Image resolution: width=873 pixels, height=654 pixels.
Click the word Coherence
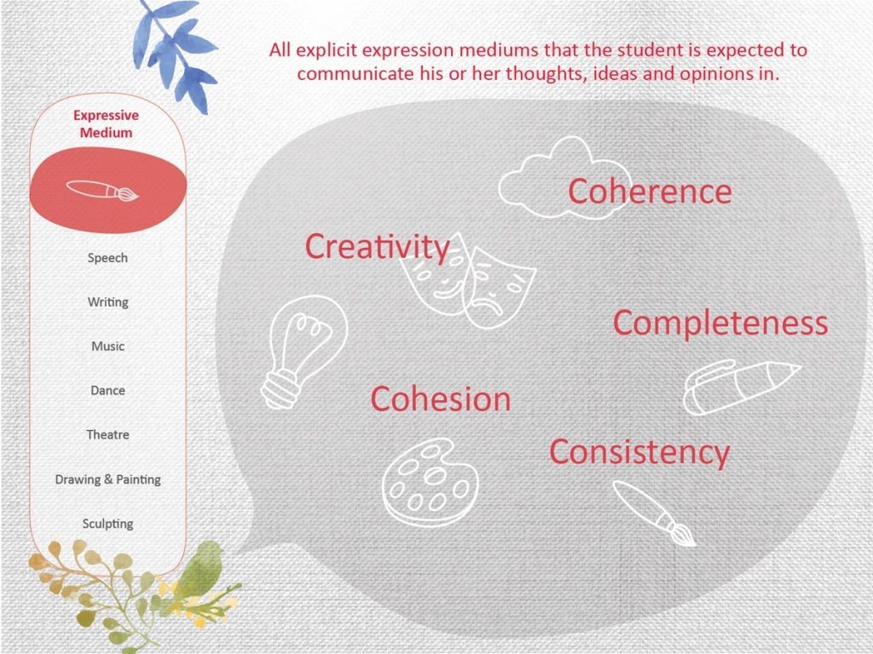(x=650, y=192)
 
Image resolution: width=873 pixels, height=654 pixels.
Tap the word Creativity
(x=378, y=246)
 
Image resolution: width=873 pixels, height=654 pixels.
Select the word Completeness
(x=720, y=324)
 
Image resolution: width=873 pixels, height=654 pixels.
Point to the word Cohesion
(x=441, y=399)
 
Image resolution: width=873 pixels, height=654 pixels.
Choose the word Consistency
(x=639, y=451)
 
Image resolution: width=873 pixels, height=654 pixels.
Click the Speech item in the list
(x=107, y=258)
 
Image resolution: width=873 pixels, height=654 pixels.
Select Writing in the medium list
(x=108, y=302)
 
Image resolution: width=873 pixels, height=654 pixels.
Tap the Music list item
(x=108, y=346)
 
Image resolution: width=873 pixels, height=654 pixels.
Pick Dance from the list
(x=108, y=390)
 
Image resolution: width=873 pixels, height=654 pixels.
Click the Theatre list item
(x=108, y=434)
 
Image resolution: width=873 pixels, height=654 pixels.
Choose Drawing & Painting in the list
(x=108, y=479)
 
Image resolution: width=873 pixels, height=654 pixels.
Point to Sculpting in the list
(x=108, y=524)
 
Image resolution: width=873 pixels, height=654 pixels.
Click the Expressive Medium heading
(x=107, y=124)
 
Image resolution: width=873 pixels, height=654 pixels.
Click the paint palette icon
(x=430, y=483)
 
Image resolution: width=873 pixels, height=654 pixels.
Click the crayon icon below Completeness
(x=741, y=387)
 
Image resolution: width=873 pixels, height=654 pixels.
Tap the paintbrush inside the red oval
(x=103, y=190)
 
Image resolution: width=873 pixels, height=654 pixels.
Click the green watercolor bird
(x=203, y=567)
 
